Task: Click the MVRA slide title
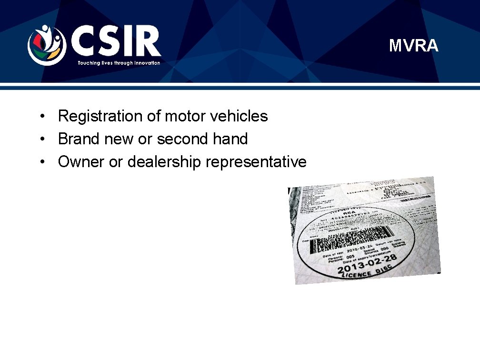[x=413, y=46]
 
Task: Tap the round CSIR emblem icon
[x=46, y=45]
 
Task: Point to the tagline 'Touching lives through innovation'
[x=119, y=63]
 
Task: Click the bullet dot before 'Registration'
[x=42, y=116]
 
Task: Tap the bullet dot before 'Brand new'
[x=42, y=139]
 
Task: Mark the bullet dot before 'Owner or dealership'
[x=42, y=162]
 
